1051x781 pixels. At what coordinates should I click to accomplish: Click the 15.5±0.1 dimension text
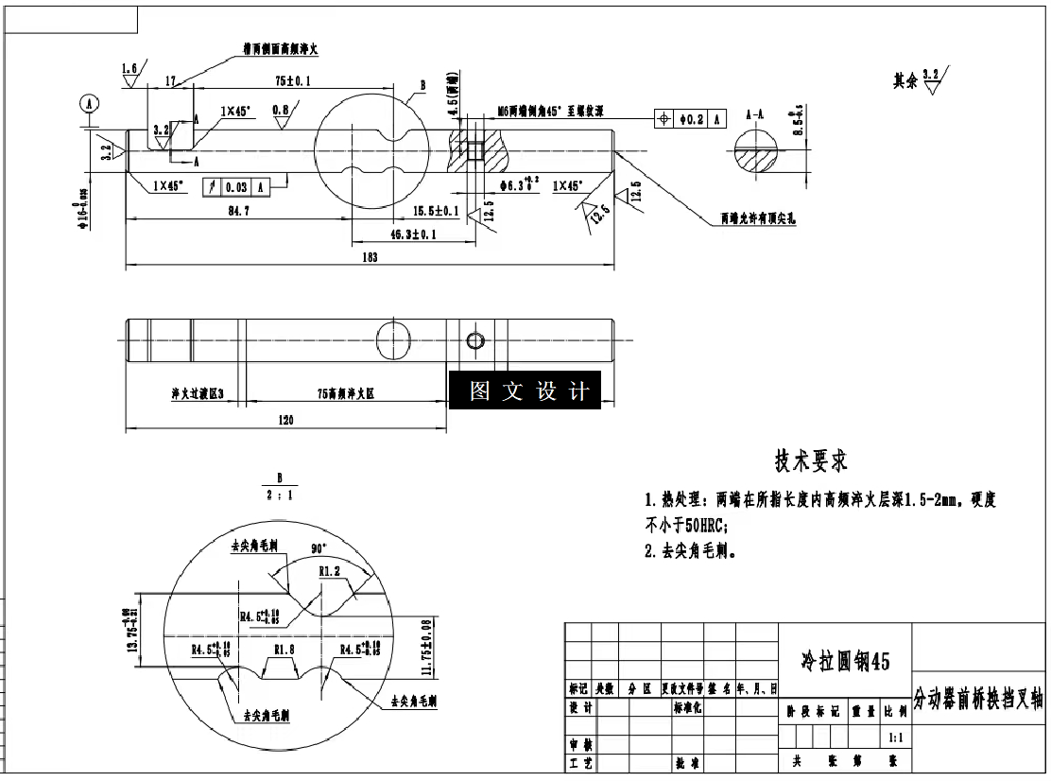(436, 210)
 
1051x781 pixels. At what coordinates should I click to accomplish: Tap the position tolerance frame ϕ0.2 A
(690, 119)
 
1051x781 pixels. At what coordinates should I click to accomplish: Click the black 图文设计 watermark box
(525, 390)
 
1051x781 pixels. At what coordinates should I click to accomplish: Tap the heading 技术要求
(810, 461)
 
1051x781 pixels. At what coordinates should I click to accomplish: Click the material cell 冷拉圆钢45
(845, 661)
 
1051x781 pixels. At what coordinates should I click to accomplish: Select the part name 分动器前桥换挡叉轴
(978, 700)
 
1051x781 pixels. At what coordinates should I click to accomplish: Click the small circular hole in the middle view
(474, 340)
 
